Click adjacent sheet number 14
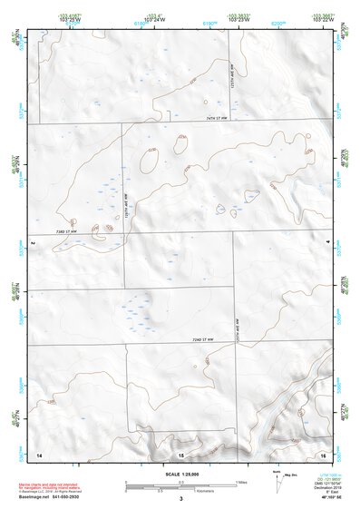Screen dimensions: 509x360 point(38,452)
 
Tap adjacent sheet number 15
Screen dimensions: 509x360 point(180,452)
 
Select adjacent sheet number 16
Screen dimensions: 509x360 point(322,452)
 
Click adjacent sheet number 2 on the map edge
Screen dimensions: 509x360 point(32,244)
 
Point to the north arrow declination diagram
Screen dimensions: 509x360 point(277,478)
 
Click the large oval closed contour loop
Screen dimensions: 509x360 point(149,161)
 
